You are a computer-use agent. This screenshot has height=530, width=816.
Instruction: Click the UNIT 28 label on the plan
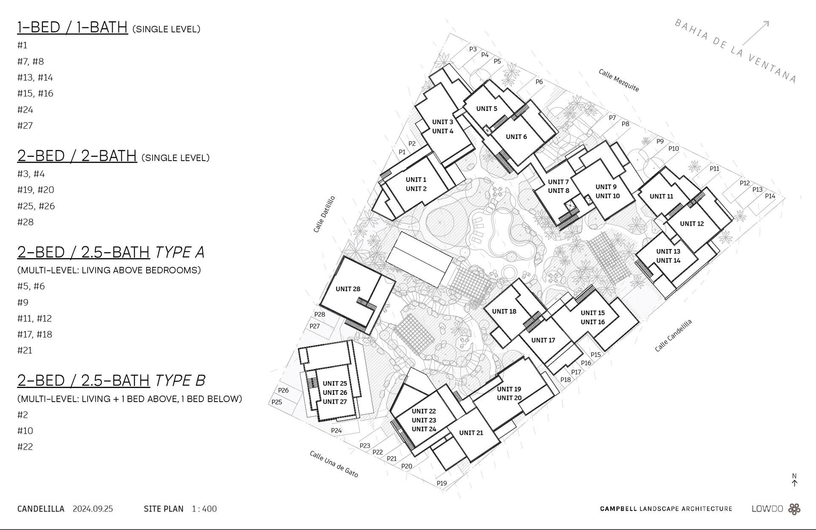pos(348,289)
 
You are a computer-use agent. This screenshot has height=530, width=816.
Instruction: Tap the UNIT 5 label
pos(487,109)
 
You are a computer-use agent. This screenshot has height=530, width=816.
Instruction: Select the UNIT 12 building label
pos(691,224)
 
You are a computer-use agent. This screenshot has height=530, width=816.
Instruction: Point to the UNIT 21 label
pos(471,433)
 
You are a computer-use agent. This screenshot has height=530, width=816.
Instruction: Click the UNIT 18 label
pos(504,312)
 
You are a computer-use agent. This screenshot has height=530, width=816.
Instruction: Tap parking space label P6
pos(539,82)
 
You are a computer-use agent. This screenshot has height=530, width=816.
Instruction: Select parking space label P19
pos(442,483)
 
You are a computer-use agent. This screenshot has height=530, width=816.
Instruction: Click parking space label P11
pos(714,169)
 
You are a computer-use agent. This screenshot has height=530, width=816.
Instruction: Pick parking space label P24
pos(336,431)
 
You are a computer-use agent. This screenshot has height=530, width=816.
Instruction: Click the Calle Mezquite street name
pos(618,80)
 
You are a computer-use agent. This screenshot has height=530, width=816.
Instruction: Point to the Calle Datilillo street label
pos(324,214)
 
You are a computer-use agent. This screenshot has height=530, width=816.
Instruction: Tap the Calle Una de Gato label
pos(334,464)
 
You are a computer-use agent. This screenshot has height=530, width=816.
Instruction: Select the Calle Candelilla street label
pos(673,336)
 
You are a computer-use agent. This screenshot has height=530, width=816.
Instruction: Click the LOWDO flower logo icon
pos(794,509)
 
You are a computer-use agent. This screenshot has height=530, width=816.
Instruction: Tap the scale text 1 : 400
pos(204,509)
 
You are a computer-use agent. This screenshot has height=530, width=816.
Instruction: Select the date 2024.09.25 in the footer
pos(93,509)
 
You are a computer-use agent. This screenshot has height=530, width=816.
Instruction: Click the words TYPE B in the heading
pos(180,380)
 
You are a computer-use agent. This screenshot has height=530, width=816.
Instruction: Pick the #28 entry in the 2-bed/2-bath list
pos(25,222)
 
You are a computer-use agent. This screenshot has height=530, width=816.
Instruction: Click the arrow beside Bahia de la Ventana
pos(756,33)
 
